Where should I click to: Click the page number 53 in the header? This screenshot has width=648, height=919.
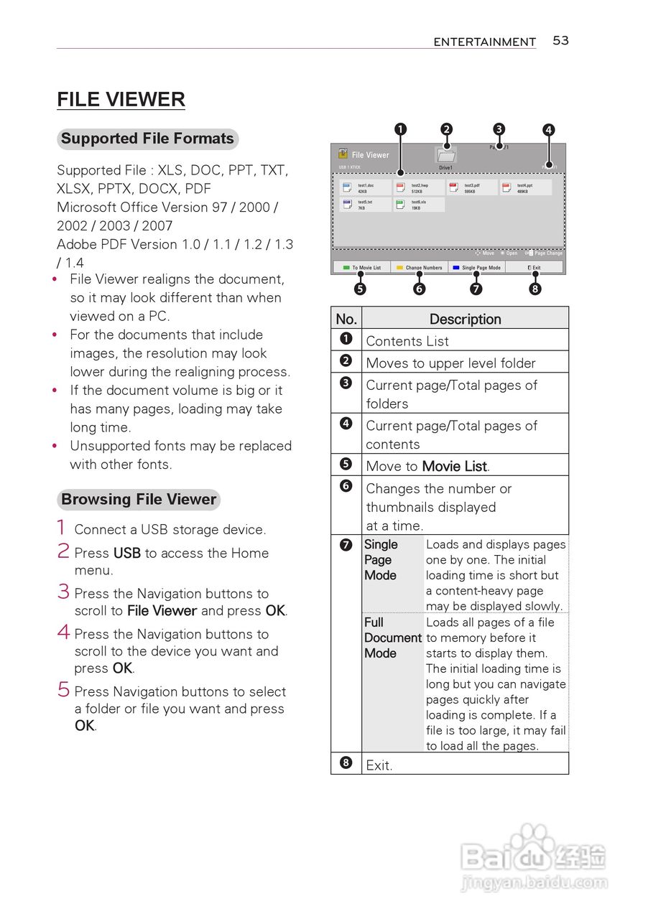click(560, 41)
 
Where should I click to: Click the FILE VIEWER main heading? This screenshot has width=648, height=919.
click(121, 100)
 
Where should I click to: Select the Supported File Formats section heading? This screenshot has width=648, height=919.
click(147, 139)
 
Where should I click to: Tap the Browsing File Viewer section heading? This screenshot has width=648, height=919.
click(139, 500)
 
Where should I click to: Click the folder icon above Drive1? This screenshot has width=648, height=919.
click(446, 155)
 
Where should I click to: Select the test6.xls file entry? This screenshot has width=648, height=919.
click(418, 205)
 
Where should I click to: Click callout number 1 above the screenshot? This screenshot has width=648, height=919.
click(401, 129)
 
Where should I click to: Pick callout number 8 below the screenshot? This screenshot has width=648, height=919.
click(534, 289)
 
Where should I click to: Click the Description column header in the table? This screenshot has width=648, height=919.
click(465, 319)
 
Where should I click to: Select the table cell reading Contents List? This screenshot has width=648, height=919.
click(407, 341)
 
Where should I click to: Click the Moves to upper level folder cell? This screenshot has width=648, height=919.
click(450, 363)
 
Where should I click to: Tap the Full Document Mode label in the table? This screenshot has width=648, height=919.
click(392, 638)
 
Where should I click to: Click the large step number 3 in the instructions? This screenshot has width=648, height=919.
click(63, 592)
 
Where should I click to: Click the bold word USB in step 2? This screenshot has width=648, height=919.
click(126, 554)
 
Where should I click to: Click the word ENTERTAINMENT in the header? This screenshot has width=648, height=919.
click(484, 42)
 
